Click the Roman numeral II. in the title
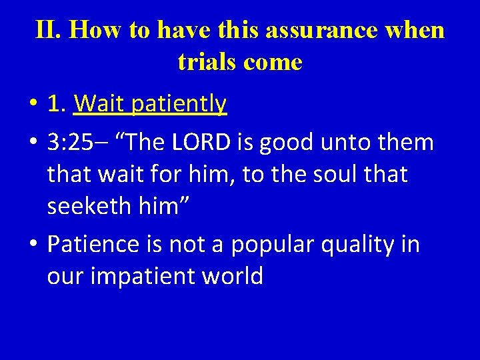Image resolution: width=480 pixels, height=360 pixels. tap(48, 29)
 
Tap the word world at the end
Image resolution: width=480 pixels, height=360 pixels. tap(234, 276)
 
